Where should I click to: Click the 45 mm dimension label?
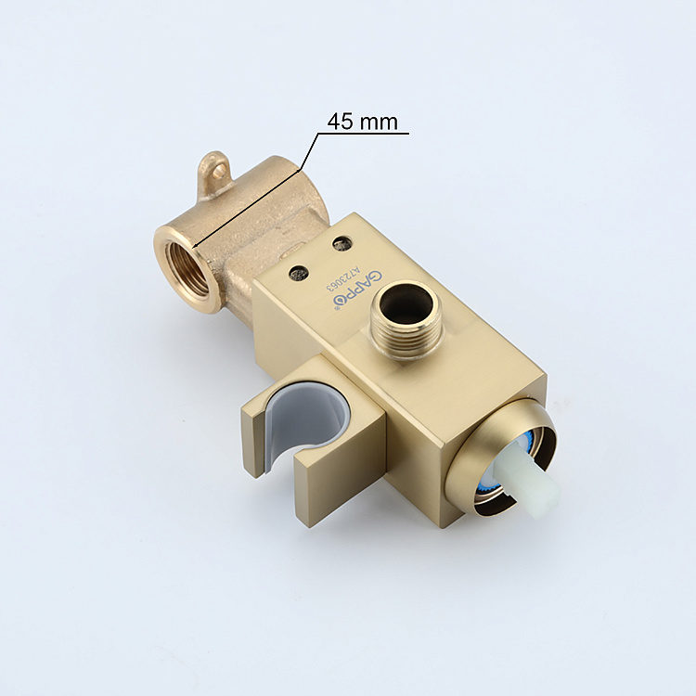(362, 122)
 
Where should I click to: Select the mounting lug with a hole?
(216, 172)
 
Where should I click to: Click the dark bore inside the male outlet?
(405, 303)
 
